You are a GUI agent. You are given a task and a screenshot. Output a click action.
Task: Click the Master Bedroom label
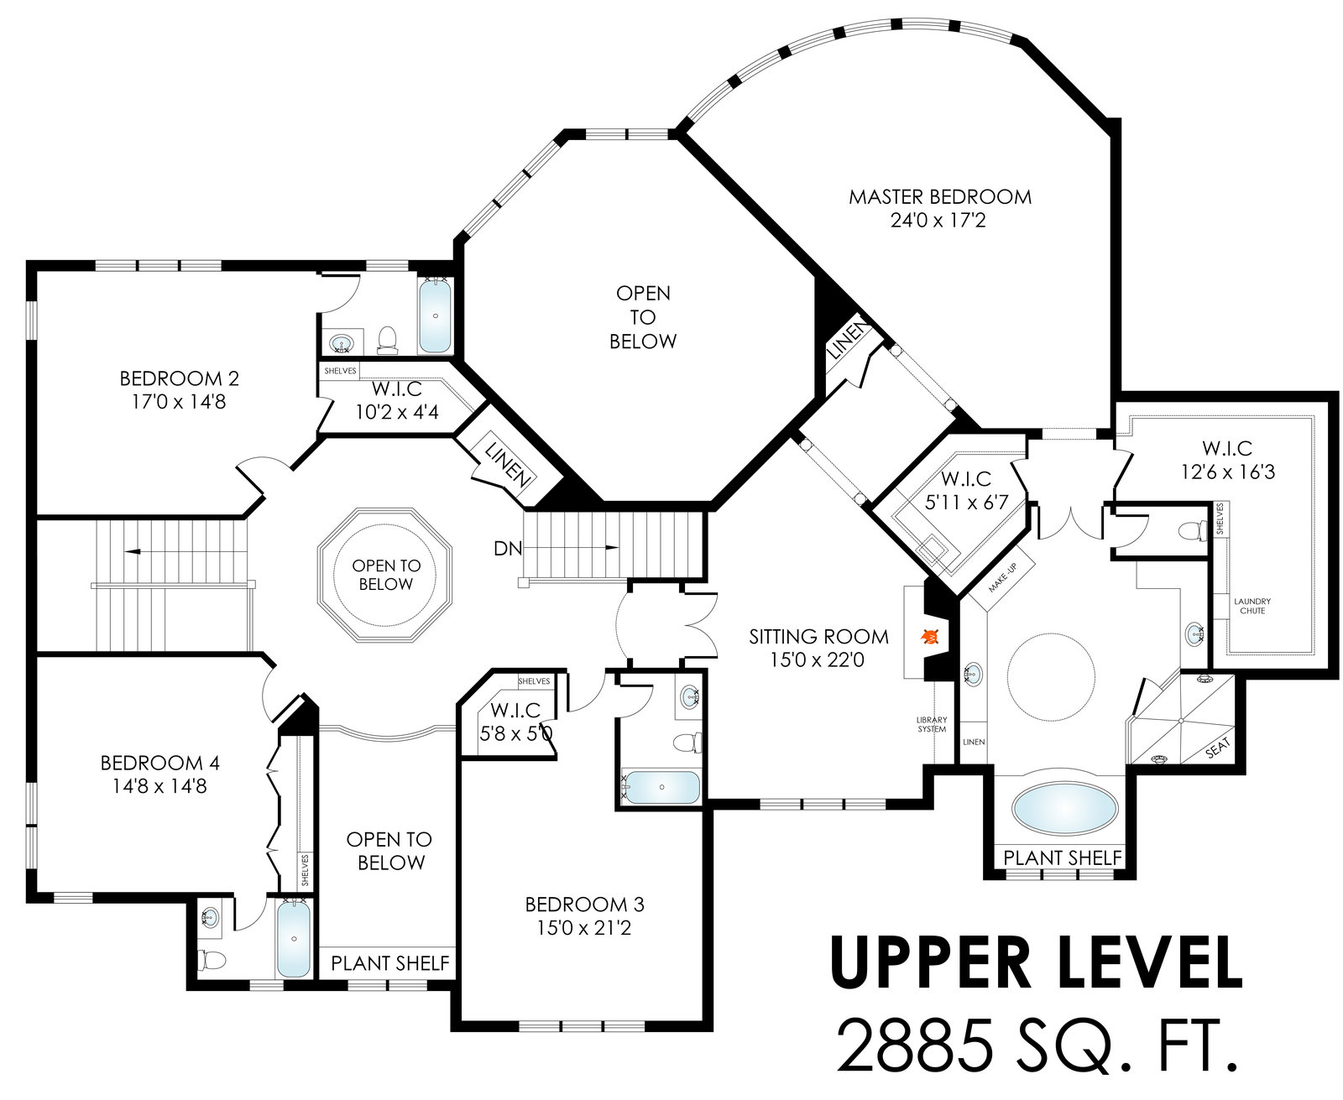(x=939, y=196)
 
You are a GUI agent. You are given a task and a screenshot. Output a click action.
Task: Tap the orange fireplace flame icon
(x=930, y=636)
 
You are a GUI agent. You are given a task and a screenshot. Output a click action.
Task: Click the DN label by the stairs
(x=508, y=548)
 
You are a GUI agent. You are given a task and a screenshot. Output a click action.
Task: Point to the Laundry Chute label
(x=1252, y=606)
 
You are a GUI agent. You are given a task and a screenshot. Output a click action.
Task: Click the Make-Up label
(x=1002, y=577)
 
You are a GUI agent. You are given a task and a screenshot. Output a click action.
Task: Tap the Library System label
(x=932, y=724)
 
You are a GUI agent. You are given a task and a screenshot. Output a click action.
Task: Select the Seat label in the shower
(x=1218, y=748)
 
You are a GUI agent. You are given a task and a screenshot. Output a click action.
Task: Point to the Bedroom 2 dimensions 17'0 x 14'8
(x=179, y=402)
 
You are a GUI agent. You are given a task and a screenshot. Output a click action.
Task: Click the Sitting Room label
(x=818, y=637)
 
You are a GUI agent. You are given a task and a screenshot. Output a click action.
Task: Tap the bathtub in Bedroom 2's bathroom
(x=436, y=315)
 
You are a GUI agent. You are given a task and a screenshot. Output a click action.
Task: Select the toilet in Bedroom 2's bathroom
(x=387, y=340)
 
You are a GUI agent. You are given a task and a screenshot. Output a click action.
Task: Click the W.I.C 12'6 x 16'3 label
(x=1228, y=460)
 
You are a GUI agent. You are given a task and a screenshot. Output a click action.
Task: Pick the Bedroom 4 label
(x=160, y=763)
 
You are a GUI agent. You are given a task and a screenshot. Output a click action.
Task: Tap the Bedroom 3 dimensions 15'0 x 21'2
(x=584, y=927)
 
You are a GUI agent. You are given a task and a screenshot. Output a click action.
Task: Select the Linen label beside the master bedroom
(x=848, y=339)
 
